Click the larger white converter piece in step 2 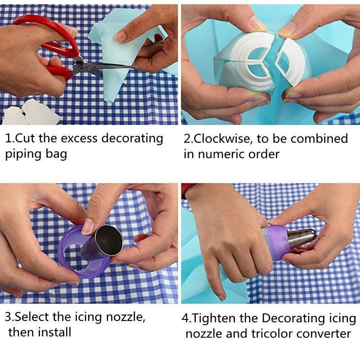tap(250, 63)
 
